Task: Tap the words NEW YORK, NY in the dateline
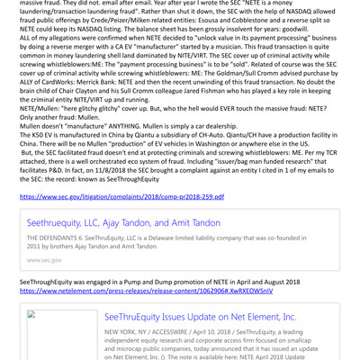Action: [x=127, y=333]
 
